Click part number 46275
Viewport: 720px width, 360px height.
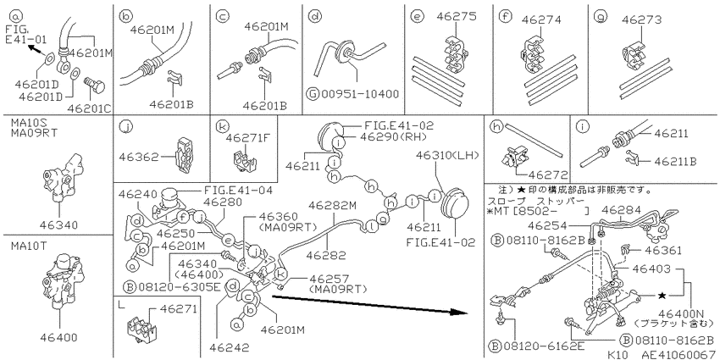tap(457, 17)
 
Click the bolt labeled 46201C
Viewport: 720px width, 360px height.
tap(94, 86)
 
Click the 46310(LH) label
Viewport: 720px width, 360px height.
tap(447, 155)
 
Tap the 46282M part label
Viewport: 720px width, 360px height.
tap(332, 206)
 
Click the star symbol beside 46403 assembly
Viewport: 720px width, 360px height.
tap(662, 296)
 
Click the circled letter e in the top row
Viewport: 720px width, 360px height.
tap(417, 17)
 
